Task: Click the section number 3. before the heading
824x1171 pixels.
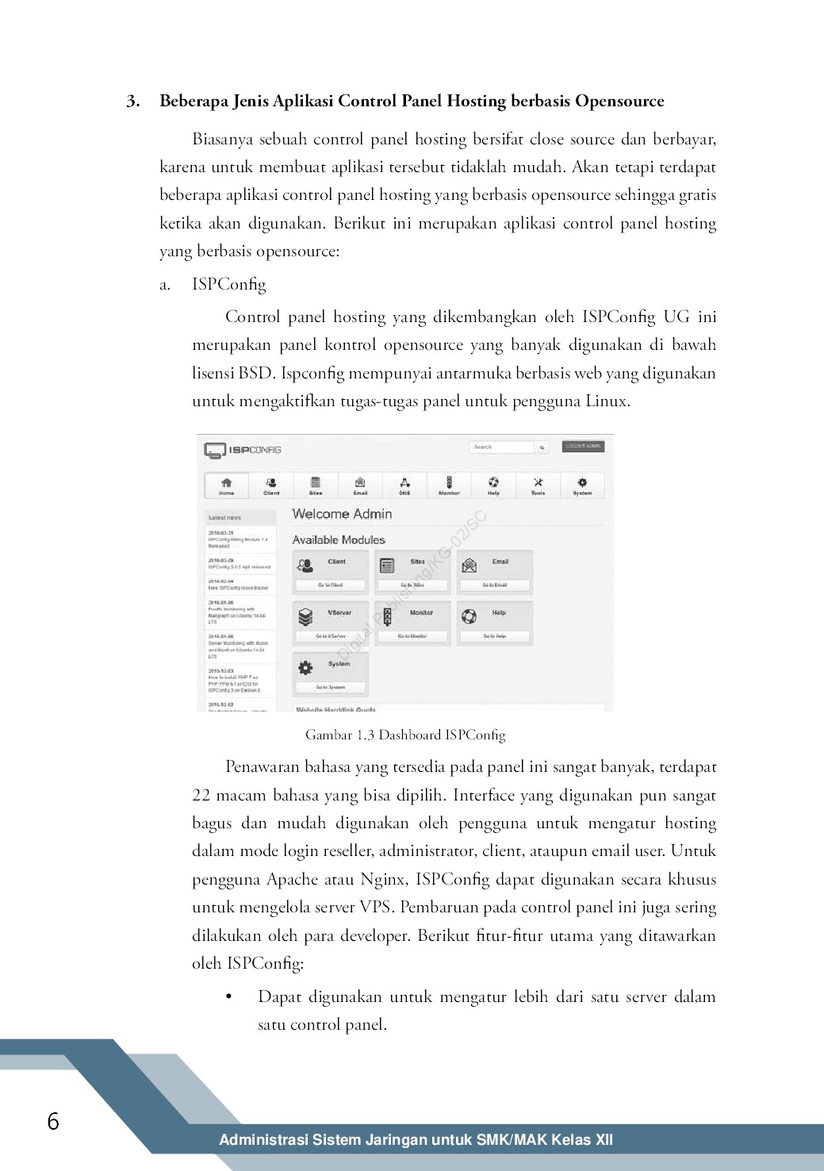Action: pyautogui.click(x=133, y=102)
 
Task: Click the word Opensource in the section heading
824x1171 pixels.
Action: pyautogui.click(x=619, y=102)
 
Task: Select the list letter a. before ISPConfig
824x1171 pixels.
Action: pyautogui.click(x=165, y=285)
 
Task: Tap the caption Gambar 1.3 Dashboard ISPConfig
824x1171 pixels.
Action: pyautogui.click(x=405, y=735)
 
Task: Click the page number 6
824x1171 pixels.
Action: pyautogui.click(x=53, y=1121)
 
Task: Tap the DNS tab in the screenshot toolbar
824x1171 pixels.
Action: pyautogui.click(x=404, y=485)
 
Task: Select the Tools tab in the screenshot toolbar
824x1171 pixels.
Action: pyautogui.click(x=538, y=485)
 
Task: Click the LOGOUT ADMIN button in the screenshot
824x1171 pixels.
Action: pyautogui.click(x=583, y=447)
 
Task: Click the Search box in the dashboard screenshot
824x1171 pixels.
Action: pyautogui.click(x=501, y=447)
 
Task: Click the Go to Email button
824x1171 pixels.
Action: pyautogui.click(x=494, y=585)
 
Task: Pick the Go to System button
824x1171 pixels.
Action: pyautogui.click(x=330, y=687)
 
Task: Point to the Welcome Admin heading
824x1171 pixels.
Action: pyautogui.click(x=342, y=514)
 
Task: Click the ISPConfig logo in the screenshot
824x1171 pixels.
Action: pyautogui.click(x=243, y=450)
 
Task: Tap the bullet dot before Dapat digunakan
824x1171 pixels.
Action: pyautogui.click(x=229, y=996)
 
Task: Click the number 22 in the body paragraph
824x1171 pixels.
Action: pyautogui.click(x=201, y=796)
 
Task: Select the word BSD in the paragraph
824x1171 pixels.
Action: pyautogui.click(x=256, y=373)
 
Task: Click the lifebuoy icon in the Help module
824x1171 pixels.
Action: pyautogui.click(x=469, y=616)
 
